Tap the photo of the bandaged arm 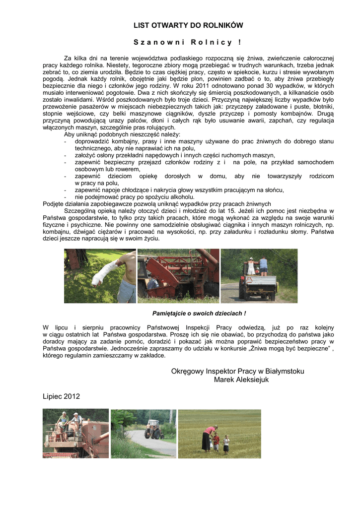(x=100, y=276)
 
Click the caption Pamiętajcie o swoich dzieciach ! (x=199, y=314)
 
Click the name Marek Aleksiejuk (x=241, y=380)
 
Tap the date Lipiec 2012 (x=61, y=396)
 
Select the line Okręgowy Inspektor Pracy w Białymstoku (x=237, y=371)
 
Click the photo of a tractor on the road (x=143, y=433)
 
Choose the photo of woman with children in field (x=219, y=433)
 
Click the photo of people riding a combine (x=75, y=433)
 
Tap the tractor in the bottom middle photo (x=153, y=430)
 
